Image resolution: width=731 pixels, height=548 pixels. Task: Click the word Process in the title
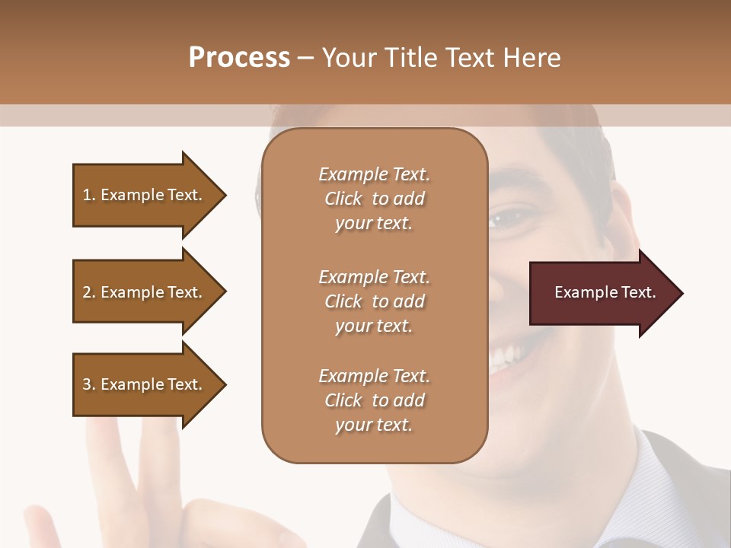pyautogui.click(x=239, y=58)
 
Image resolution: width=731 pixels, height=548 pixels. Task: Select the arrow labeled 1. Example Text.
pyautogui.click(x=142, y=195)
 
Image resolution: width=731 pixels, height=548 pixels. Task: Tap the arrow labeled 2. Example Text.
pyautogui.click(x=142, y=292)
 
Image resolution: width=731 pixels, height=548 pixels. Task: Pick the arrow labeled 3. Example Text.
pyautogui.click(x=142, y=384)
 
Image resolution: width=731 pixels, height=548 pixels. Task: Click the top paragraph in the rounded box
pyautogui.click(x=374, y=199)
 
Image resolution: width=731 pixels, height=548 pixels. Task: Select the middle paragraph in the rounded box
pyautogui.click(x=374, y=301)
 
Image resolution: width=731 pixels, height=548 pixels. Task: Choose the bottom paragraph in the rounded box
pyautogui.click(x=374, y=400)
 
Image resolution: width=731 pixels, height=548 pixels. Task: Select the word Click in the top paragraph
pyautogui.click(x=343, y=199)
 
